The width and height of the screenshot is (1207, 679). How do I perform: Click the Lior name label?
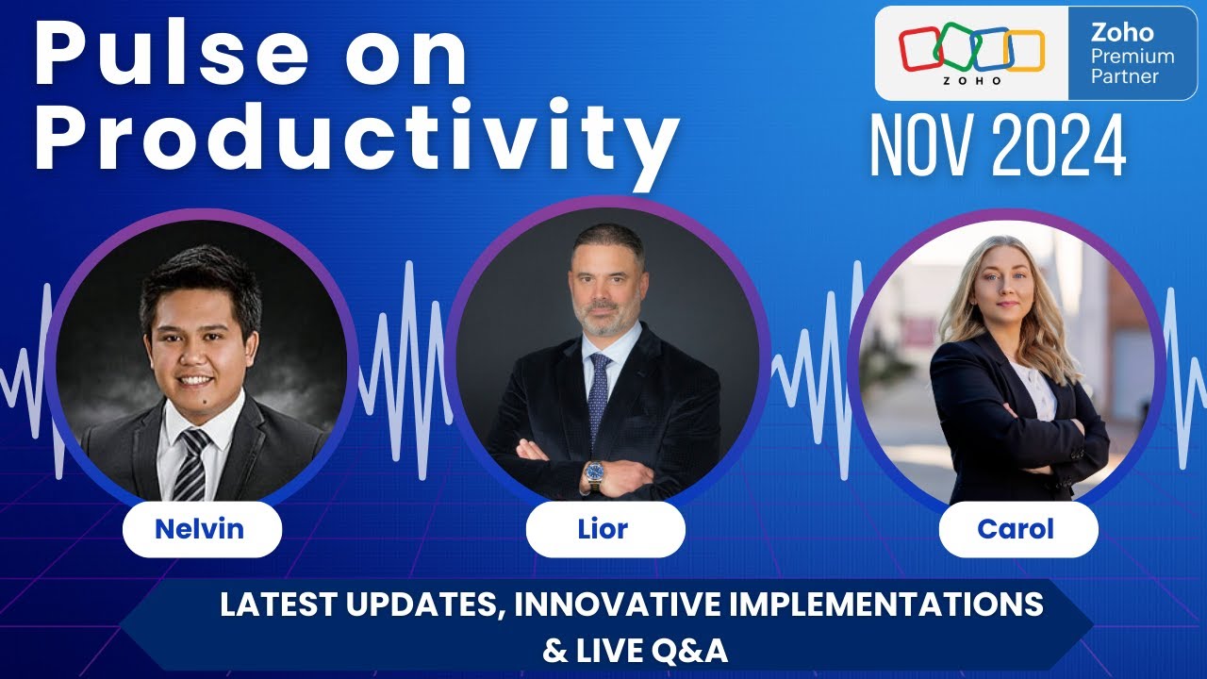[x=603, y=529]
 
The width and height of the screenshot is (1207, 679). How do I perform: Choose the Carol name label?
[x=1016, y=529]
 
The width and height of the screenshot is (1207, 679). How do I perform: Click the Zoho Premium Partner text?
[x=1133, y=55]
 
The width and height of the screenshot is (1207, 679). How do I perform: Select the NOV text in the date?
[x=921, y=147]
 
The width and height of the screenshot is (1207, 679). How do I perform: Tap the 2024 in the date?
[x=1059, y=147]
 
